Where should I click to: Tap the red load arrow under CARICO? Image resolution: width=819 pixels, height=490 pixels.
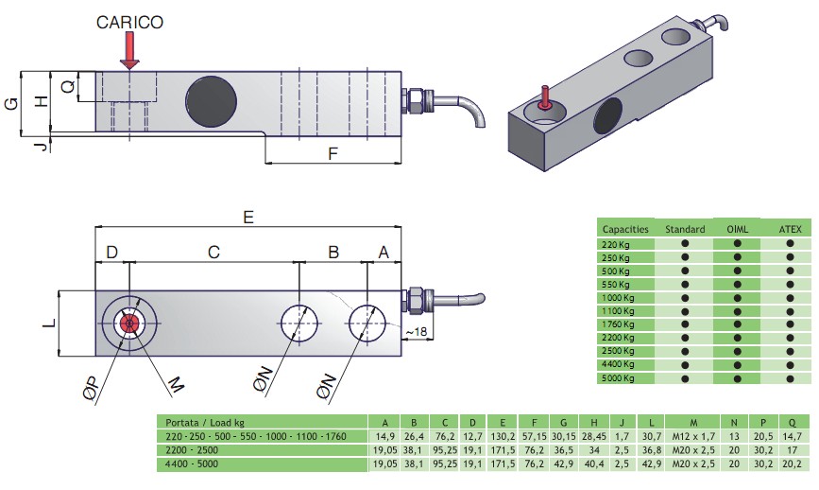pos(129,51)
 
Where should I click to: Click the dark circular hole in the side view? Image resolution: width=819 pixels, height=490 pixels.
pos(211,98)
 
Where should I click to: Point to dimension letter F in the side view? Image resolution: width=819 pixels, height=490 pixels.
pos(333,153)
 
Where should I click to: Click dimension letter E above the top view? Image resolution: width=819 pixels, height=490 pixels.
pos(248,217)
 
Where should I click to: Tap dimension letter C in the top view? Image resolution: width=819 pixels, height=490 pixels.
pos(213,253)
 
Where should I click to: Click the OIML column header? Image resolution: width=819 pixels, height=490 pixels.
pos(738,229)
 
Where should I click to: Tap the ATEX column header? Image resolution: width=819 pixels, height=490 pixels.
pos(790,229)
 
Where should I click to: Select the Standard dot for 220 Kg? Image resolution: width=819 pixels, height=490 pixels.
pos(685,244)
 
